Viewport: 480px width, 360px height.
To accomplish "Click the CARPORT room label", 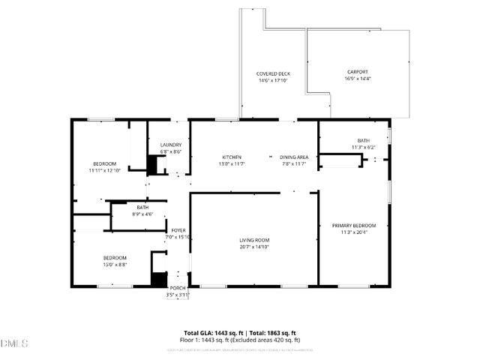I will [x=357, y=72].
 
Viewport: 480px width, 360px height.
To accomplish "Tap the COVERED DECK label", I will [x=273, y=73].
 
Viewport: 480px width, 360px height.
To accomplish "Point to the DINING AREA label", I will [x=294, y=157].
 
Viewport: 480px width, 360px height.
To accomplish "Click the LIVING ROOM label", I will [x=254, y=241].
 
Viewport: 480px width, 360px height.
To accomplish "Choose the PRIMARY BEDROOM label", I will [x=354, y=226].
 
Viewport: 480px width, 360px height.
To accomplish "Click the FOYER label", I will [x=178, y=230].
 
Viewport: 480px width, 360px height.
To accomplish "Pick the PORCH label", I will [x=178, y=288].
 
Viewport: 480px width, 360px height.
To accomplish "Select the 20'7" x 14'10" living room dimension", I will [x=254, y=247].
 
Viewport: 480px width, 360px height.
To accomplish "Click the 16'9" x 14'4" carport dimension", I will [x=357, y=78].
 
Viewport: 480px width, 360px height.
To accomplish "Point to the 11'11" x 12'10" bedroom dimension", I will [x=104, y=170].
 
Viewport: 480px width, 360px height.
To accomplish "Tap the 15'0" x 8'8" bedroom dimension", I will [x=115, y=264].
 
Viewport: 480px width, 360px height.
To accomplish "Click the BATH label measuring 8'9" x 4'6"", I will [x=142, y=208].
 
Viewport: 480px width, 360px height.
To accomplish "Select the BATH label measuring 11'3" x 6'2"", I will [x=364, y=140].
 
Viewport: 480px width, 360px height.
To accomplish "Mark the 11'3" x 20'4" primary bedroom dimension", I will [x=354, y=232].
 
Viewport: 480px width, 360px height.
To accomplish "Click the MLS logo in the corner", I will [x=14, y=343].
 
